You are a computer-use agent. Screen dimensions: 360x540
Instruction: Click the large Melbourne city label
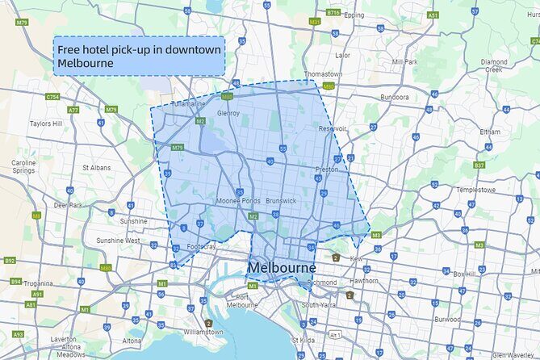[x=282, y=267]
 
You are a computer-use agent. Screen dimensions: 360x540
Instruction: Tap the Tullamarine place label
[x=187, y=104]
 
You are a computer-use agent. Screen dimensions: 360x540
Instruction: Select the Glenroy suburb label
[x=228, y=114]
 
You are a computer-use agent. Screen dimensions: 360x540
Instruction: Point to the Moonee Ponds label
[x=238, y=201]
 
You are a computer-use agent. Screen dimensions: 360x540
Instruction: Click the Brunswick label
[x=281, y=200]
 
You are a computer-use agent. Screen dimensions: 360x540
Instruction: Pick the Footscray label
[x=201, y=246]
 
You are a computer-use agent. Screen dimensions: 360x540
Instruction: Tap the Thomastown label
[x=323, y=74]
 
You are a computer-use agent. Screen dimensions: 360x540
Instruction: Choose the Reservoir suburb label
[x=332, y=128]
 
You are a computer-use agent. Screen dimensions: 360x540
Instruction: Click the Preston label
[x=327, y=170]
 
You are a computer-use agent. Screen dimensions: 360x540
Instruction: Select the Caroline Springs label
[x=23, y=167]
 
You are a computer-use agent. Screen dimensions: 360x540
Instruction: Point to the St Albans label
[x=96, y=168]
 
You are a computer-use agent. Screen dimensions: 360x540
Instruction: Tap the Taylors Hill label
[x=46, y=124]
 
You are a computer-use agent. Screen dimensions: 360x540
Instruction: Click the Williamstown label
[x=203, y=332]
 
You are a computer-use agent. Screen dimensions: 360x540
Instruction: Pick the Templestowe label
[x=473, y=190]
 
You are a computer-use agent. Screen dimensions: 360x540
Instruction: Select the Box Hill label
[x=464, y=274]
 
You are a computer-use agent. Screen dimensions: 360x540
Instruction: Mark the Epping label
[x=354, y=15]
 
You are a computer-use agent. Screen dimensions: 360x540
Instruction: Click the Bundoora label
[x=395, y=97]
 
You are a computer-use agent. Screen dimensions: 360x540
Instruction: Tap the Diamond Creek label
[x=494, y=65]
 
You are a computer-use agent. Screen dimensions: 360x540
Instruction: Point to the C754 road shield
[x=53, y=97]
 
